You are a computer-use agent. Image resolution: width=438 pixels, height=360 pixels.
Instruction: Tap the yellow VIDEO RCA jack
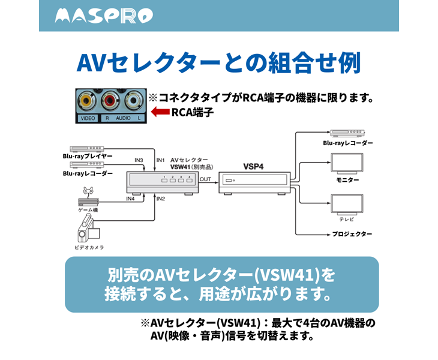[88, 100]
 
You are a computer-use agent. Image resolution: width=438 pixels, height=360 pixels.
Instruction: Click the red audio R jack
[110, 100]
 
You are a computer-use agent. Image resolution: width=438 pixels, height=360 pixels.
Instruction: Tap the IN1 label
[160, 160]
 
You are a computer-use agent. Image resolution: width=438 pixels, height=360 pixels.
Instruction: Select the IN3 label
[139, 160]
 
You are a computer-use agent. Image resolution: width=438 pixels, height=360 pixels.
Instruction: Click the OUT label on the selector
[205, 179]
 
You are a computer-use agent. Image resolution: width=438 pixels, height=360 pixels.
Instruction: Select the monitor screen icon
[347, 163]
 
